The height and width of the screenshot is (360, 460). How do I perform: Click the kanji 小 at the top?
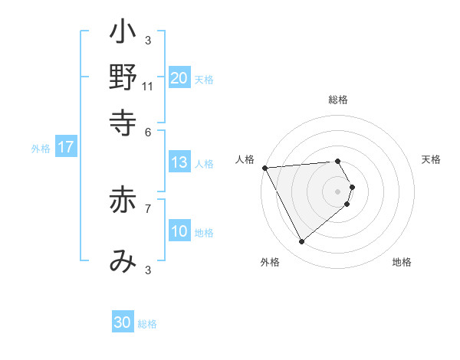pyautogui.click(x=123, y=35)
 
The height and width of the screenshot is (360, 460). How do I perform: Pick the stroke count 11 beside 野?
pyautogui.click(x=148, y=87)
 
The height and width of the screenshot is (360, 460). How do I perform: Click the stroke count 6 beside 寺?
pyautogui.click(x=148, y=131)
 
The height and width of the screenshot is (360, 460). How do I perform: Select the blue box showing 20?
pyautogui.click(x=179, y=78)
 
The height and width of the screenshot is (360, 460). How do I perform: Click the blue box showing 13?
pyautogui.click(x=179, y=162)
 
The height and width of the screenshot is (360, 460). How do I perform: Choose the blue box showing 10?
pyautogui.click(x=179, y=231)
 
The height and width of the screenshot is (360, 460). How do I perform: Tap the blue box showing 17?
pyautogui.click(x=65, y=147)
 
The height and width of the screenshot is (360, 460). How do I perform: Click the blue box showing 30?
pyautogui.click(x=123, y=322)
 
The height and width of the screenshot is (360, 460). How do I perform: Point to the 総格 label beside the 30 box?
pyautogui.click(x=147, y=324)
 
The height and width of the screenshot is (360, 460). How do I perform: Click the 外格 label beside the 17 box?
pyautogui.click(x=41, y=149)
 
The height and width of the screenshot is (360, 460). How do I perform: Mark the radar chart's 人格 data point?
pyautogui.click(x=264, y=168)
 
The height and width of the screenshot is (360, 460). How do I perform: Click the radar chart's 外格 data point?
pyautogui.click(x=301, y=242)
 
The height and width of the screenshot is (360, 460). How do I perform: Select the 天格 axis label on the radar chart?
pyautogui.click(x=431, y=159)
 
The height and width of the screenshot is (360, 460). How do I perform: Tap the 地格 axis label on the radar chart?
pyautogui.click(x=402, y=262)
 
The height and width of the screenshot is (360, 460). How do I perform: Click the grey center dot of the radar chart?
pyautogui.click(x=338, y=191)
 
